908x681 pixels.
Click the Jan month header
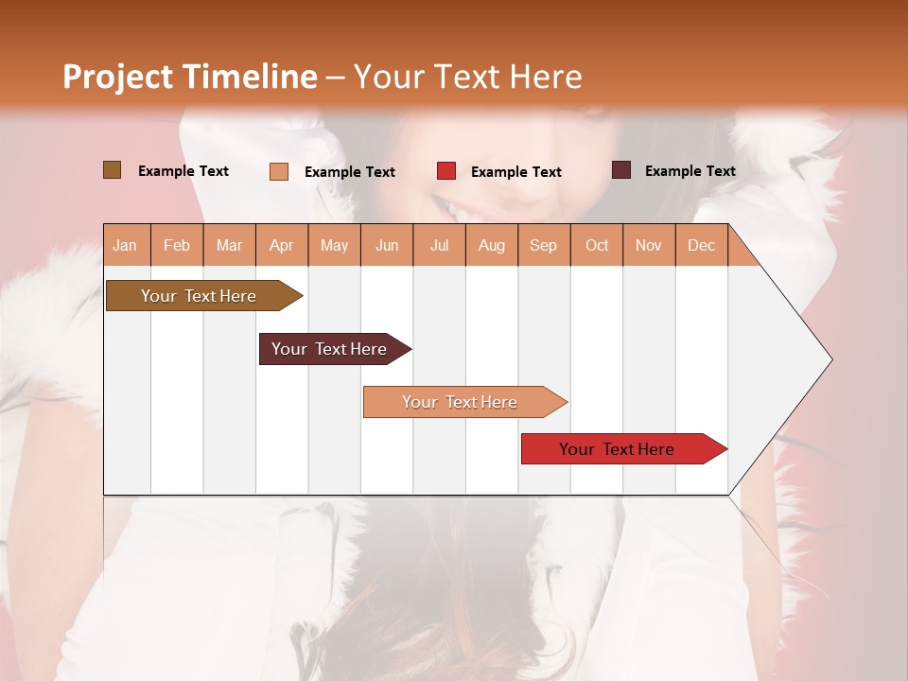125,245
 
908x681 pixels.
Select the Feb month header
177,245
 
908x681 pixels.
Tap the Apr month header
281,245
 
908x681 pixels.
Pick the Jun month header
387,245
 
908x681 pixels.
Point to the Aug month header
491,245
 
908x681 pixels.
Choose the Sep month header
543,245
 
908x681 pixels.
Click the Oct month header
597,245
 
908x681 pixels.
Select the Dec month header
701,245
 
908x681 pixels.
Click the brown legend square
112,170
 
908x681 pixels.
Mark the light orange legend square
278,171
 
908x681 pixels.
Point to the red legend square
445,171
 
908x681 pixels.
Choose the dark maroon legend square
620,170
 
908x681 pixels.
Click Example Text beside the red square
515,172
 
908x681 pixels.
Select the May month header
334,245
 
